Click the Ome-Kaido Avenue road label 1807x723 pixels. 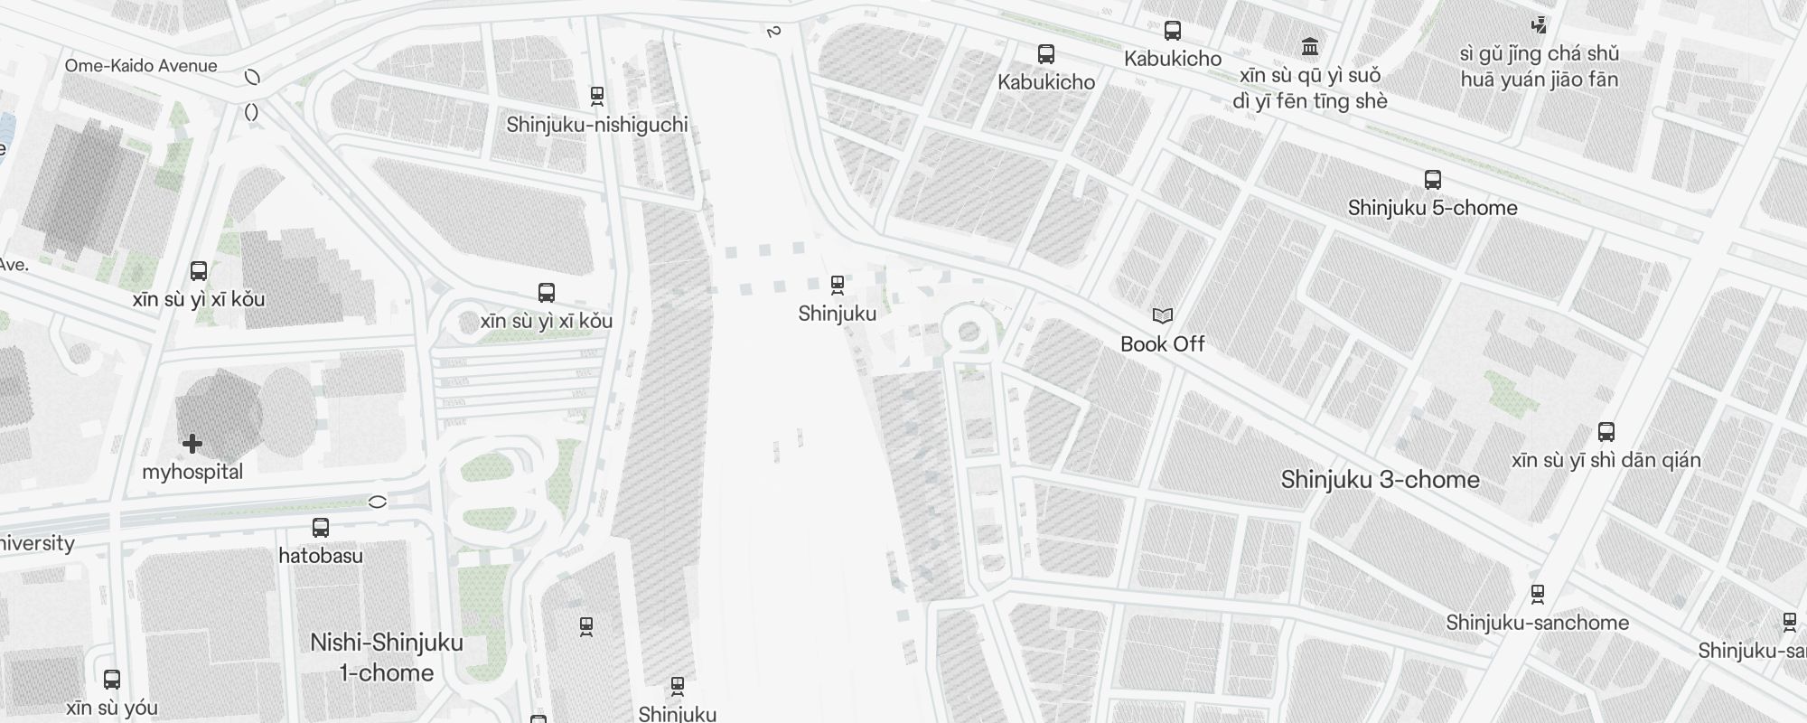coord(141,66)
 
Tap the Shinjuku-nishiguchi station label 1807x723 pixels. coord(597,125)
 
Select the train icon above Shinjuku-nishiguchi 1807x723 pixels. coord(596,95)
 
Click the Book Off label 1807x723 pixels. coord(1162,344)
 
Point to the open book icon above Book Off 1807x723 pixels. coord(1162,315)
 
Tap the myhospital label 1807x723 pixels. coord(192,472)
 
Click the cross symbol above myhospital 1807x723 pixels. coord(192,444)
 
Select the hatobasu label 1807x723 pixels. coord(321,556)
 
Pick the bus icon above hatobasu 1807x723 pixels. coord(321,528)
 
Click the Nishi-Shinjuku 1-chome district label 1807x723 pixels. coord(387,657)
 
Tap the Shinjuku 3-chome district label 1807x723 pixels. coord(1380,480)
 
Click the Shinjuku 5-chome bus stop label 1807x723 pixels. coord(1432,208)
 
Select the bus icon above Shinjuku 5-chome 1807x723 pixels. coord(1432,179)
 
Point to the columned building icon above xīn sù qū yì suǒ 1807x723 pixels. coord(1309,46)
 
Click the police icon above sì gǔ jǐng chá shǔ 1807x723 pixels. coord(1539,25)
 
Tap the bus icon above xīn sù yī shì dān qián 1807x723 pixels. coord(1606,432)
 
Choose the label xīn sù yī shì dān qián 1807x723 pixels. coord(1606,461)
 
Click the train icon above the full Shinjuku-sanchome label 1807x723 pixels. coord(1537,594)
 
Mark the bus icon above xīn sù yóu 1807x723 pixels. coord(112,680)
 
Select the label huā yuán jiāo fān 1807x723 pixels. coord(1539,80)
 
